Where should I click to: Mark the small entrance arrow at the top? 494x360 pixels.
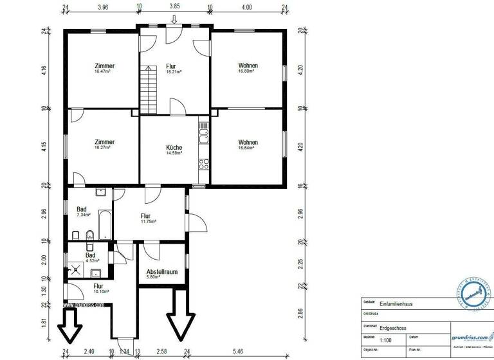tap(173, 19)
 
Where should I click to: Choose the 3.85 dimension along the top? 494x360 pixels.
tap(174, 8)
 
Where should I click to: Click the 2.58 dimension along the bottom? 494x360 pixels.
tap(163, 352)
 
